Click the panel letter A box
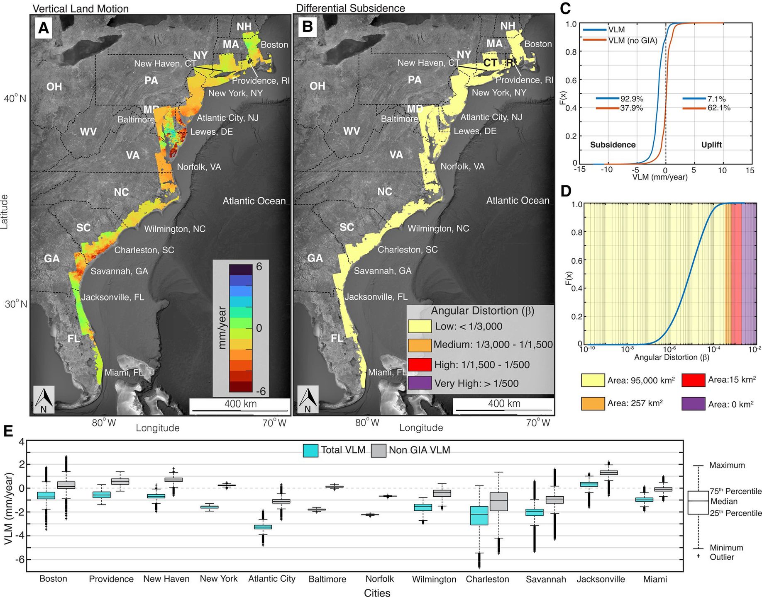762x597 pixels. pos(44,28)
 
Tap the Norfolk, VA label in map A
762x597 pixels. pos(199,167)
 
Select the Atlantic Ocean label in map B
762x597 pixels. pos(518,201)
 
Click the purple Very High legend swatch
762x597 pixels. pos(420,383)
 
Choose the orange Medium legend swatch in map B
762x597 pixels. pos(420,345)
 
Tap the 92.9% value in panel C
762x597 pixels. pos(632,99)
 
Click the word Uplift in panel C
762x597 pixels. pos(711,145)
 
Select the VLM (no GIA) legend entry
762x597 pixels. pos(633,40)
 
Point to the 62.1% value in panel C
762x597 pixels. pos(719,108)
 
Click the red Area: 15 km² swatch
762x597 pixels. pos(693,380)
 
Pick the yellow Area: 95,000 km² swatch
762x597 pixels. pos(593,380)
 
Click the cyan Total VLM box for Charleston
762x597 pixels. pos(479,515)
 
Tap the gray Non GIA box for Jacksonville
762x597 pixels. pos(609,473)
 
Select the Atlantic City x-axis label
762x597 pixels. pos(272,579)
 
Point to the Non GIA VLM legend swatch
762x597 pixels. pos(379,450)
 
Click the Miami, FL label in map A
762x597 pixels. pos(123,372)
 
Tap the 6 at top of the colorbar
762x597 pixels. pos(259,267)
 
